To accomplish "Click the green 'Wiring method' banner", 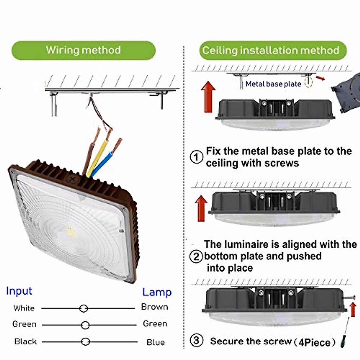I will click(x=83, y=50).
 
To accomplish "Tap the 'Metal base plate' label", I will click(x=273, y=84).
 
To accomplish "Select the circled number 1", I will click(x=196, y=157).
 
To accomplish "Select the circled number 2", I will click(x=196, y=256).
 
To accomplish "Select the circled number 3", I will click(x=196, y=340).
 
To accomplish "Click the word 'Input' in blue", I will click(x=19, y=291).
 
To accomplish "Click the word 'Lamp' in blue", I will click(x=157, y=292).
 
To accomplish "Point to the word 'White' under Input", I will click(x=24, y=308).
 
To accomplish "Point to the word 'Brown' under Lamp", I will click(x=154, y=307).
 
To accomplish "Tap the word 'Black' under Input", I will click(x=25, y=341).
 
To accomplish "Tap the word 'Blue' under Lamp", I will click(x=155, y=342).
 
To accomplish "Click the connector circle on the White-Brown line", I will click(x=83, y=308).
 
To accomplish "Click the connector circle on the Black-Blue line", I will click(x=85, y=342).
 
